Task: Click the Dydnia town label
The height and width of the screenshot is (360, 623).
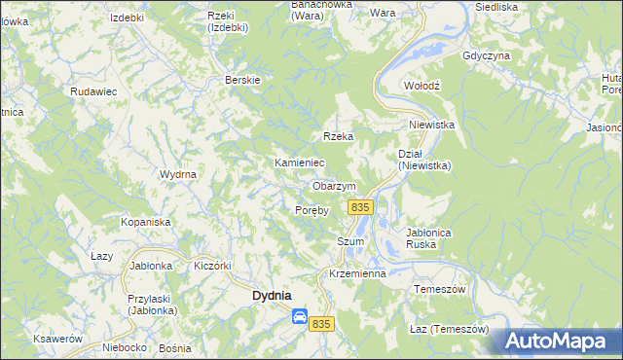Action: pyautogui.click(x=273, y=295)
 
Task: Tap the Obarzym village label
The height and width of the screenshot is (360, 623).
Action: pyautogui.click(x=334, y=186)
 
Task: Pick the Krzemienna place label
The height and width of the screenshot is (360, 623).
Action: pyautogui.click(x=358, y=273)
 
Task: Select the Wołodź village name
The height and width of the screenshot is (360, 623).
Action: pyautogui.click(x=422, y=86)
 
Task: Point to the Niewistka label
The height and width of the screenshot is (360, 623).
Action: pyautogui.click(x=432, y=125)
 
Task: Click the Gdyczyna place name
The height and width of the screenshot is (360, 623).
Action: pyautogui.click(x=487, y=55)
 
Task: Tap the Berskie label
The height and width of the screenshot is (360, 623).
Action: pyautogui.click(x=242, y=80)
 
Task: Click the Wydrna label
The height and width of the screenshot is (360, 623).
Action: pyautogui.click(x=178, y=174)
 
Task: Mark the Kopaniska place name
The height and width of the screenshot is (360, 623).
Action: pyautogui.click(x=146, y=222)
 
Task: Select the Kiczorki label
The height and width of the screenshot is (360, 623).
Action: pyautogui.click(x=212, y=265)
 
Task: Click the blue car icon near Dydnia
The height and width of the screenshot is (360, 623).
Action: pyautogui.click(x=300, y=316)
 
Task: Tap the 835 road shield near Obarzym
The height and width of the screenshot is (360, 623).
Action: pyautogui.click(x=360, y=207)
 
